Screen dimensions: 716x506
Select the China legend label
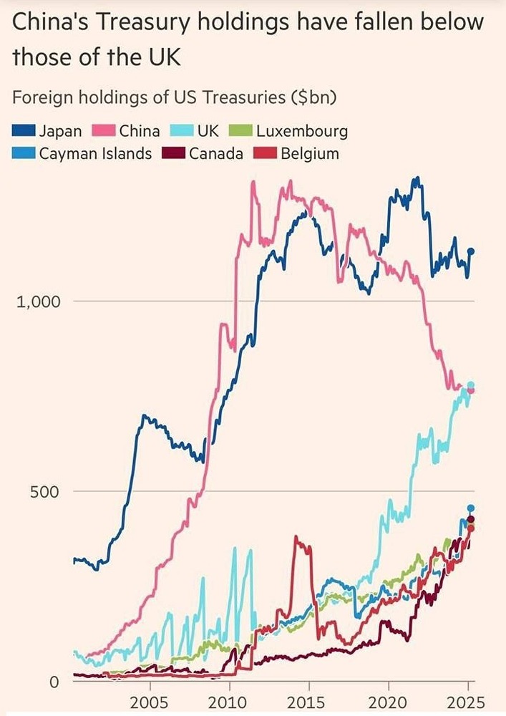pos(140,131)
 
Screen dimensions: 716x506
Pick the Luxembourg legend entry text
pos(302,131)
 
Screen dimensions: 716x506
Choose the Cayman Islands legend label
pos(95,153)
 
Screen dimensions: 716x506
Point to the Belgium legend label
pos(310,153)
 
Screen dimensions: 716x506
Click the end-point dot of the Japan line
pos(471,251)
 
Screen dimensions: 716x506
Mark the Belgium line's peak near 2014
pos(297,538)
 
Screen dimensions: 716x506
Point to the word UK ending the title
pos(162,58)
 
